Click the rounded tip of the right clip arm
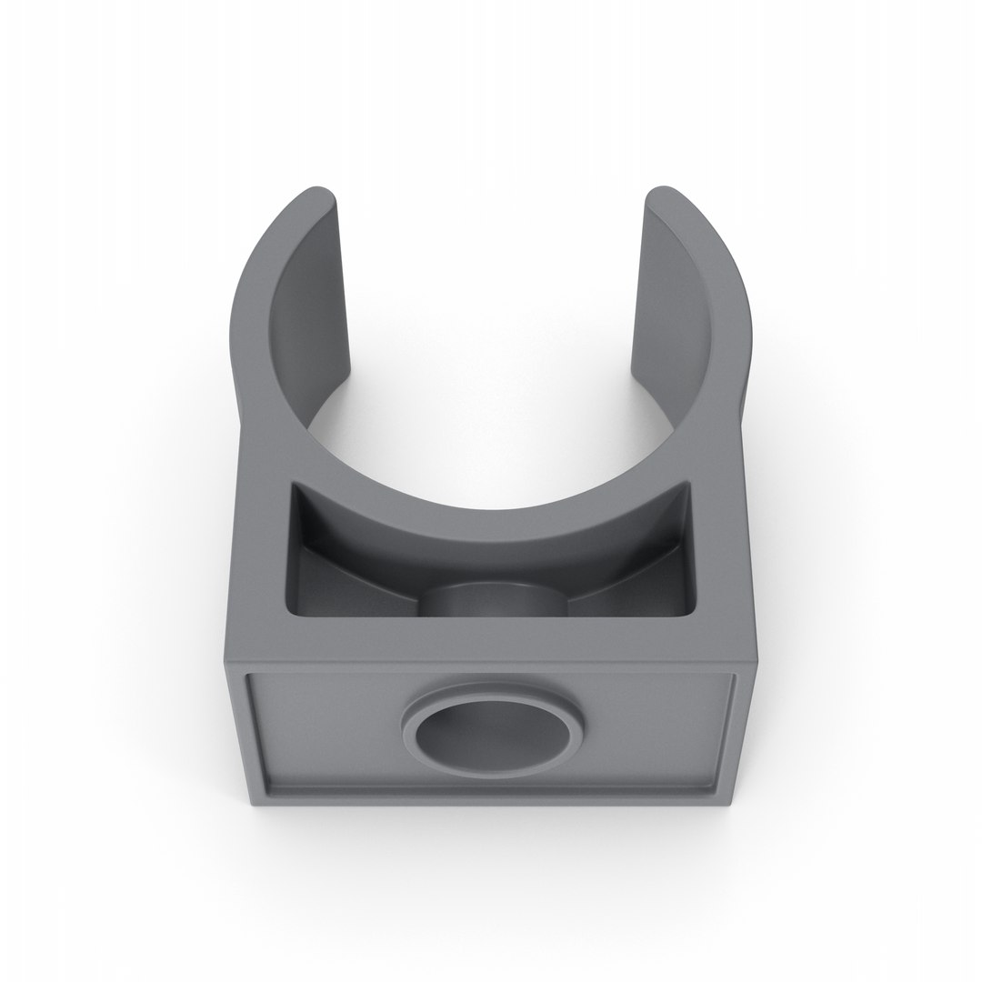point(664,195)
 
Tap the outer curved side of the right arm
point(727,300)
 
